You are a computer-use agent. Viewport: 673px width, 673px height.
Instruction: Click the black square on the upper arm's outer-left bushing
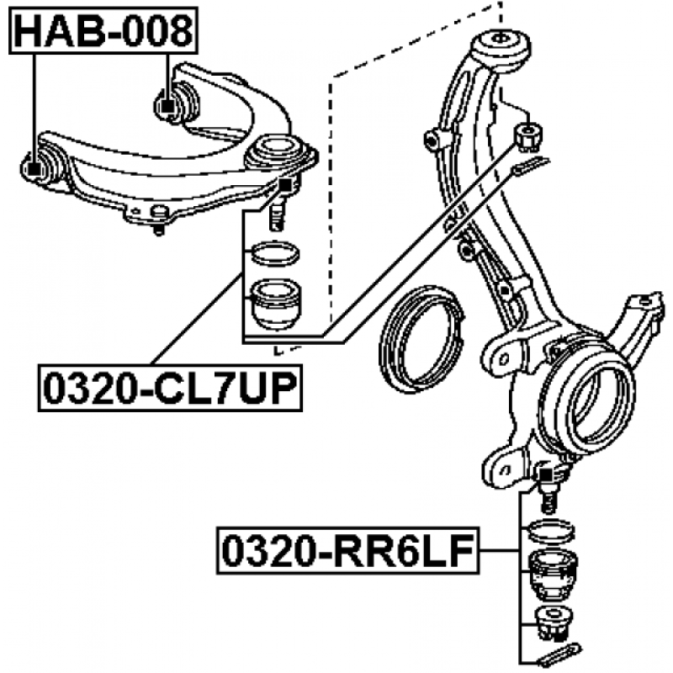[34, 167]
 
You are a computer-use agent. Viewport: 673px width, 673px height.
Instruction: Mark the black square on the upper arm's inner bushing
[167, 107]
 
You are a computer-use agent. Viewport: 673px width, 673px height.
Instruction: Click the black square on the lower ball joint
[543, 476]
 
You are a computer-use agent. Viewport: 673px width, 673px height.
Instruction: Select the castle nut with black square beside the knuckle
[529, 131]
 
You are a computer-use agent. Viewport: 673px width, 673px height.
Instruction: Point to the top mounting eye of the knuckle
[502, 41]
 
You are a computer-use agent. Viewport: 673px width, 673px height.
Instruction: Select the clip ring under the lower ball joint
[550, 531]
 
